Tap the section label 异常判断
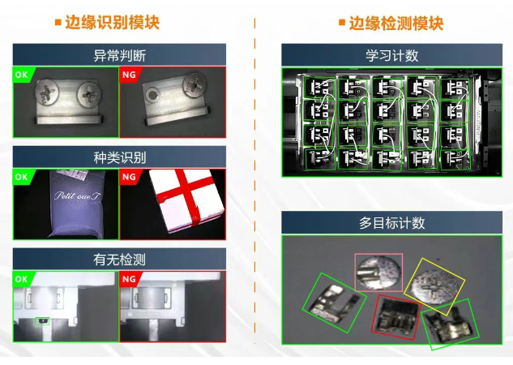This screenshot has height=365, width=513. click(119, 55)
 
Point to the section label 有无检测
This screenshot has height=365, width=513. click(119, 259)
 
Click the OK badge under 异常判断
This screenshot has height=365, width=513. click(21, 74)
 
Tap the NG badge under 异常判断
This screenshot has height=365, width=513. click(128, 74)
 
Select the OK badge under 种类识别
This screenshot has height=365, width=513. click(21, 175)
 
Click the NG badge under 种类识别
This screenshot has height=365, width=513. click(128, 175)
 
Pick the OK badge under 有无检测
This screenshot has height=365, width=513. click(21, 278)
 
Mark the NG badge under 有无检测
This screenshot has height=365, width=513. click(128, 278)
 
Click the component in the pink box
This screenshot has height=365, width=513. click(378, 272)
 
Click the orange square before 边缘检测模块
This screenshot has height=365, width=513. click(342, 23)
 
